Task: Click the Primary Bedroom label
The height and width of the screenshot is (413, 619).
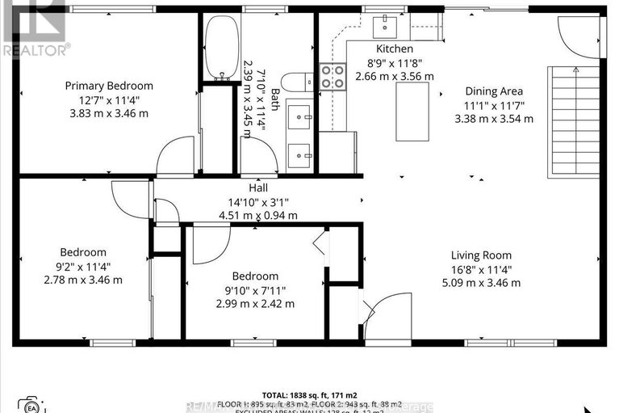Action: (x=109, y=86)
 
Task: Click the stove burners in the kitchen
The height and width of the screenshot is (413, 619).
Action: (x=333, y=76)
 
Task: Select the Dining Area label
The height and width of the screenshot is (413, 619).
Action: (x=492, y=91)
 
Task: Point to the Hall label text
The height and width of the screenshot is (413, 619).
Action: (x=257, y=188)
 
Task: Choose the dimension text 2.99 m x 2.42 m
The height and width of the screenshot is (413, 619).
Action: (x=255, y=304)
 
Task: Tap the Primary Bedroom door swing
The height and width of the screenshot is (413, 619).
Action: (x=175, y=155)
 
